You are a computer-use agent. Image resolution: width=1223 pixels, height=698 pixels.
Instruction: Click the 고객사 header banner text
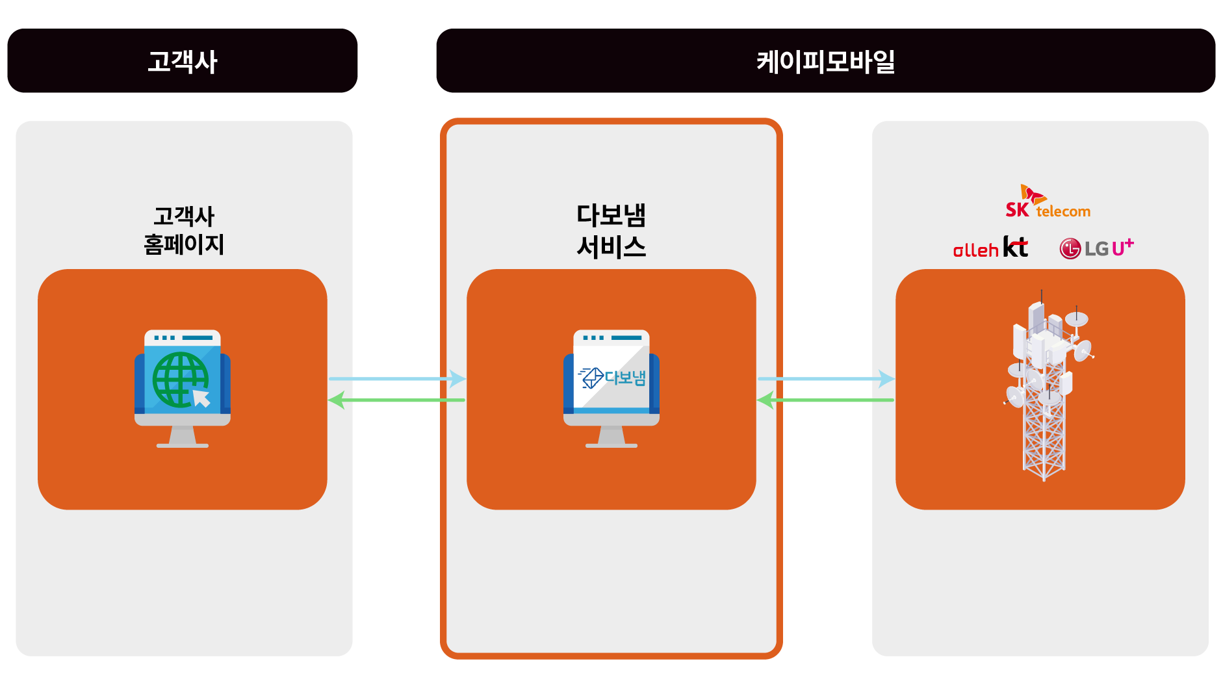183,62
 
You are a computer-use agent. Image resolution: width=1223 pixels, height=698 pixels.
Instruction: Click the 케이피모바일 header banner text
825,62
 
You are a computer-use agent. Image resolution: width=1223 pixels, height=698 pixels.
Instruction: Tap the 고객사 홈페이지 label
184,230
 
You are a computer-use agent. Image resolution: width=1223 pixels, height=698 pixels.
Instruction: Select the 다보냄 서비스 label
611,231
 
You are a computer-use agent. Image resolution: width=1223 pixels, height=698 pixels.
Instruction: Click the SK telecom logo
1048,202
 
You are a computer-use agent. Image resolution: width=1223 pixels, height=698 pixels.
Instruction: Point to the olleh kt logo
990,248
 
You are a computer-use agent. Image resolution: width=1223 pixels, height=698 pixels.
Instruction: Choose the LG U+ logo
1096,248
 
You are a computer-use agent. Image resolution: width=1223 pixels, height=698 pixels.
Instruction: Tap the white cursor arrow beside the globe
201,397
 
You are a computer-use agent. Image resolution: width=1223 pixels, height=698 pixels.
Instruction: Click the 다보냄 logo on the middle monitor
611,378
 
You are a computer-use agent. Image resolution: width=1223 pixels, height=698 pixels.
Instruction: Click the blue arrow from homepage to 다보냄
397,378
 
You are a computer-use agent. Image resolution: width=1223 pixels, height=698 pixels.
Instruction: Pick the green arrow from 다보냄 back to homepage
397,400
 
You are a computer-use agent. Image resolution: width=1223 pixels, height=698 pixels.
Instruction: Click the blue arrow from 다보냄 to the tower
826,378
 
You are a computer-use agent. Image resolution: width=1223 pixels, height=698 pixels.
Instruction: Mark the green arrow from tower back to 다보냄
826,400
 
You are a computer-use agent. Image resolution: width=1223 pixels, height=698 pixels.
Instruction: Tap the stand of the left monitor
183,437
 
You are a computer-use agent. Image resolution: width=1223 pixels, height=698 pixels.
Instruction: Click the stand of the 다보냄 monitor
611,437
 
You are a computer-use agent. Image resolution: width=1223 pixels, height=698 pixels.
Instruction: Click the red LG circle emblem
1070,248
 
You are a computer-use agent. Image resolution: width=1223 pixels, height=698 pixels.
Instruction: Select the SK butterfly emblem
1031,194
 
